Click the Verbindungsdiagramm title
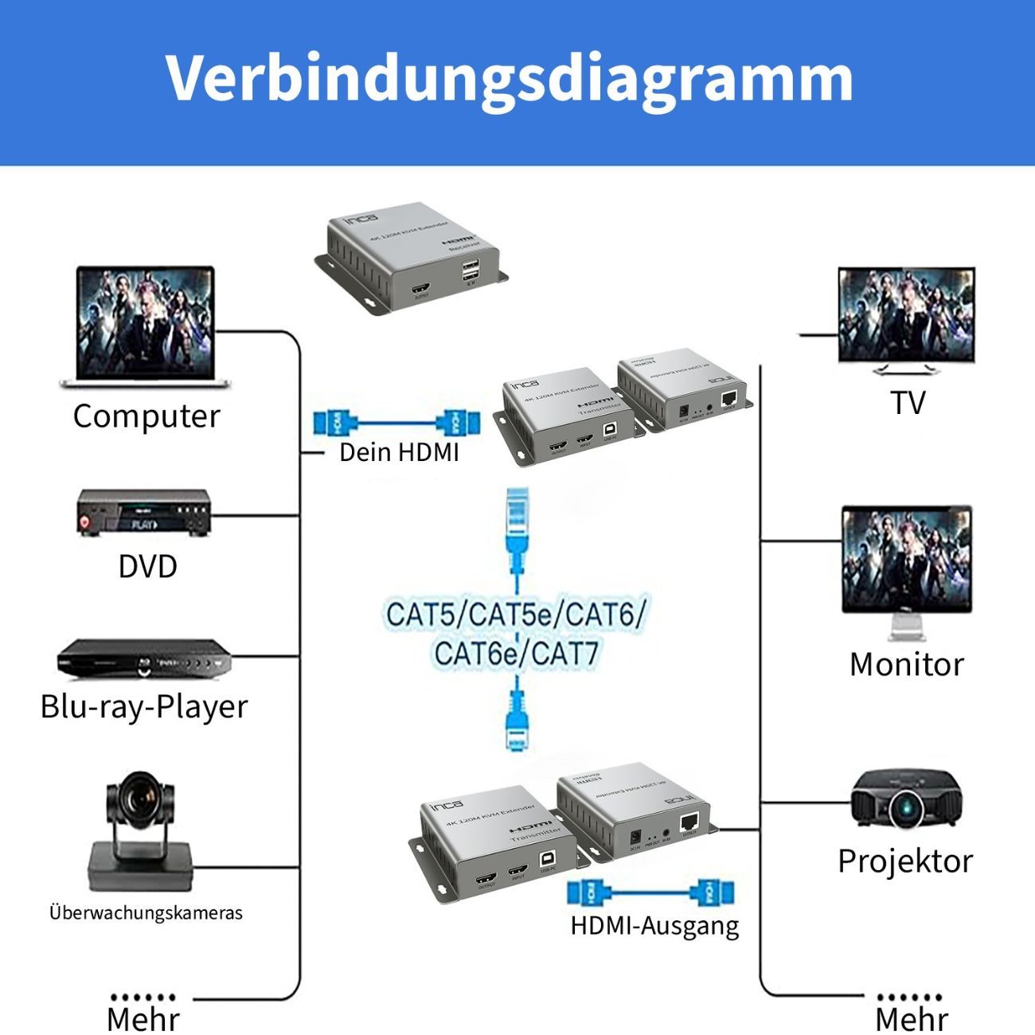pos(510,77)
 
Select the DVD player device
pos(143,514)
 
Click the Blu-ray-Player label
pos(144,706)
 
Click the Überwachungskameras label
pos(146,912)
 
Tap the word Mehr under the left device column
pos(143,1019)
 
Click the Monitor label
pos(906,664)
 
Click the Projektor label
pos(905,861)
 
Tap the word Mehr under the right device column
pos(912,1019)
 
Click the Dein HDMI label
pos(399,452)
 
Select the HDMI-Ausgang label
pos(654,925)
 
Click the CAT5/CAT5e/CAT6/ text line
pos(516,615)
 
